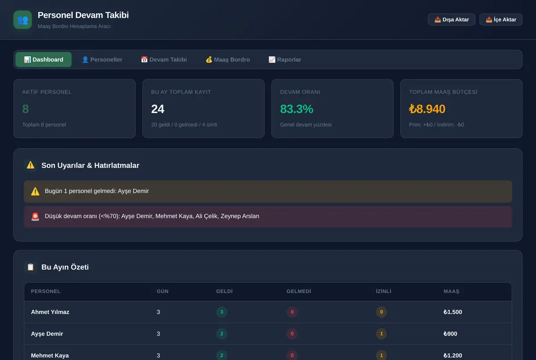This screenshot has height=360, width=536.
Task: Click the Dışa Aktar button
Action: point(451,19)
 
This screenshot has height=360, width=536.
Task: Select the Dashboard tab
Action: point(44,59)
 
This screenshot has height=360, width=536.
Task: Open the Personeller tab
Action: point(102,59)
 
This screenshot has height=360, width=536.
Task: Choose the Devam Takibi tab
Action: point(164,59)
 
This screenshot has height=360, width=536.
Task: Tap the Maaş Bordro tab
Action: point(228,59)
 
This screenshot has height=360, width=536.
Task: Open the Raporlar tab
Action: point(285,59)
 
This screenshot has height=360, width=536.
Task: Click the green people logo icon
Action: point(23,20)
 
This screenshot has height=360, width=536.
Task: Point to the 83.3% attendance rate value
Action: point(297,109)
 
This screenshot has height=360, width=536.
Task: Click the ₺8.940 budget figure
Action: point(427,109)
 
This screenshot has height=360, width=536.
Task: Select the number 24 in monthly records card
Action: point(158,109)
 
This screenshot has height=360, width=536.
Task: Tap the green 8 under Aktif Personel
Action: point(25,109)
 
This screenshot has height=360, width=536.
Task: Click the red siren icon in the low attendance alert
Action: point(35,217)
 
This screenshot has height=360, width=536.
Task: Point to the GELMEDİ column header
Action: point(299,291)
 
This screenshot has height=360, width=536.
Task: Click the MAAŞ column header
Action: point(451,291)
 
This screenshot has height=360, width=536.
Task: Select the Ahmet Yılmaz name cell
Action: point(50,312)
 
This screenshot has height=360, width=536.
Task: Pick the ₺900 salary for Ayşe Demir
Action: point(450,334)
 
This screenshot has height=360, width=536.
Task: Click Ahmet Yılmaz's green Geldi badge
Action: point(222,312)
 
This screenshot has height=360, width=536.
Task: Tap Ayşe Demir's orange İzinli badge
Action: point(381,334)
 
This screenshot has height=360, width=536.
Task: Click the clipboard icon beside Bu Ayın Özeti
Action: point(31,267)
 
